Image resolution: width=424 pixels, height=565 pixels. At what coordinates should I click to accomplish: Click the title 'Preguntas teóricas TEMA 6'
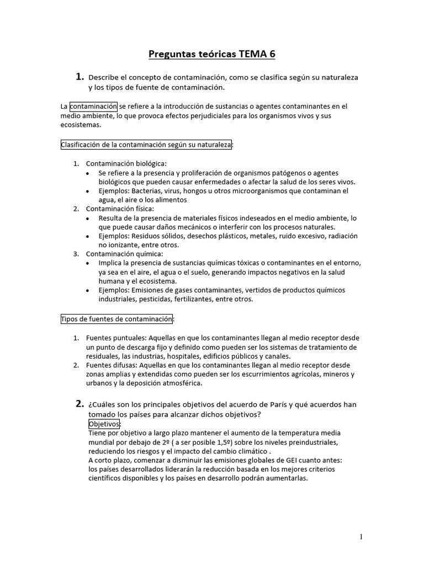[212, 54]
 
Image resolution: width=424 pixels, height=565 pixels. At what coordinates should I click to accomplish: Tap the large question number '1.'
[79, 77]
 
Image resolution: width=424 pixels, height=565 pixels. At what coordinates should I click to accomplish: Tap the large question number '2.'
[79, 404]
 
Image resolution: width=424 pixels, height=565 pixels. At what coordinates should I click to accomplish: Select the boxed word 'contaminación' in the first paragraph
[94, 106]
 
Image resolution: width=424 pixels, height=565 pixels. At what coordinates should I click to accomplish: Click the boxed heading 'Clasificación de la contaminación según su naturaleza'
[146, 145]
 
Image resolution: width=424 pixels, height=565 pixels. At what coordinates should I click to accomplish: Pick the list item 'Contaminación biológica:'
[126, 163]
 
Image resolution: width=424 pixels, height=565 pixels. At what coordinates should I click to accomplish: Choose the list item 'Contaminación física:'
[120, 209]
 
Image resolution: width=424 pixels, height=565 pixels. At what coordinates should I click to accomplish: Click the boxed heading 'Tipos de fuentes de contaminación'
[117, 319]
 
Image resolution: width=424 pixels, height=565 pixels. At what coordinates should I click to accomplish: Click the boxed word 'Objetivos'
[104, 424]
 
